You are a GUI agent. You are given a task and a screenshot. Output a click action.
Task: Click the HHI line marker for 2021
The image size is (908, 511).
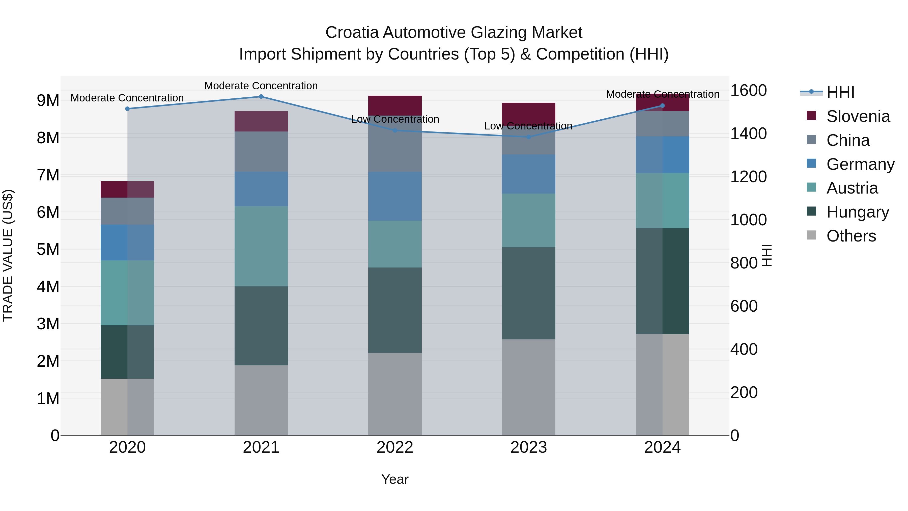coord(261,97)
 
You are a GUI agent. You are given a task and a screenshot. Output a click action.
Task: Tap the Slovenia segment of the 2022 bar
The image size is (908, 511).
coord(395,105)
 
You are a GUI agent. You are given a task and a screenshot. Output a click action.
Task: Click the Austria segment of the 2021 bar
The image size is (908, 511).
coord(261,246)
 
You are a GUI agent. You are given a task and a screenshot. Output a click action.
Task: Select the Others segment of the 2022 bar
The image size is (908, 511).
coord(395,394)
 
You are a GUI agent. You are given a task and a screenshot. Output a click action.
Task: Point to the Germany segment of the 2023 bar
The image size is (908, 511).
coord(528,174)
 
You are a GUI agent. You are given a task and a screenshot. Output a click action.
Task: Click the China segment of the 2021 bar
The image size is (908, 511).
coord(261,152)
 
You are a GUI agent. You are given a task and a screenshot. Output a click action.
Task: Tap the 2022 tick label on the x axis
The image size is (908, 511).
coord(395,447)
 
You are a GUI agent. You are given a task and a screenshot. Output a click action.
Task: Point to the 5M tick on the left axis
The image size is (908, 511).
coord(48,250)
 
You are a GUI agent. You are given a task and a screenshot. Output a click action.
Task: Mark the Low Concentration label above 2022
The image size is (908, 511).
coord(395,119)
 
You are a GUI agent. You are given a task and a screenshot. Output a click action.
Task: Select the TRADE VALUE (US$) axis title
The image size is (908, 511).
coord(8,255)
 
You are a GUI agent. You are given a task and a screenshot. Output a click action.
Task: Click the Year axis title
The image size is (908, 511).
coord(395,479)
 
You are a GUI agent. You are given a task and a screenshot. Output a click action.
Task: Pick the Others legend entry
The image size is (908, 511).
coord(851,236)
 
